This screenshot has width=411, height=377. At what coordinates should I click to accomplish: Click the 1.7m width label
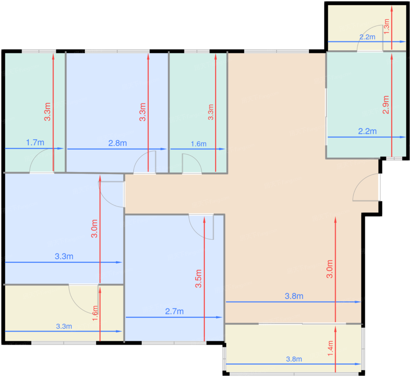coord(35,142)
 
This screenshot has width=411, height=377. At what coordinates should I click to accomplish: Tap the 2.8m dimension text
coord(117,143)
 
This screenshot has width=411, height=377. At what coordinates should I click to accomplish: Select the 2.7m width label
coord(174,311)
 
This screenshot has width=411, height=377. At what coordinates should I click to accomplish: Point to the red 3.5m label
coord(198,278)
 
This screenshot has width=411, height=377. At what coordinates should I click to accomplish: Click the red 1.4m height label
coord(330,348)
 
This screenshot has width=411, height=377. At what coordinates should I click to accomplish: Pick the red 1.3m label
coord(386,26)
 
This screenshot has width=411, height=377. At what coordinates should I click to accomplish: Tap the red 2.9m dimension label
coord(385,104)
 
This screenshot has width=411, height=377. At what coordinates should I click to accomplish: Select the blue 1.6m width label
coord(198,144)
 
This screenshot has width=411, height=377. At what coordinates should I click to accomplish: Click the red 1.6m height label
coord(95,313)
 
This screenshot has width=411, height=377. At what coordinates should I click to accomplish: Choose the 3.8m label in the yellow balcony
coord(294,359)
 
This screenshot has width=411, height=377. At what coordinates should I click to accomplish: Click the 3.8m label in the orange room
coord(294,296)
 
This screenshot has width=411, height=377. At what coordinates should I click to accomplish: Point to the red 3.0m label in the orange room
coord(329,269)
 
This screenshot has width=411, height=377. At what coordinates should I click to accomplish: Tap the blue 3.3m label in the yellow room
coord(64,326)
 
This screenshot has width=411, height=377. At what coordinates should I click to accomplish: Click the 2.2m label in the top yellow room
coord(367,37)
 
